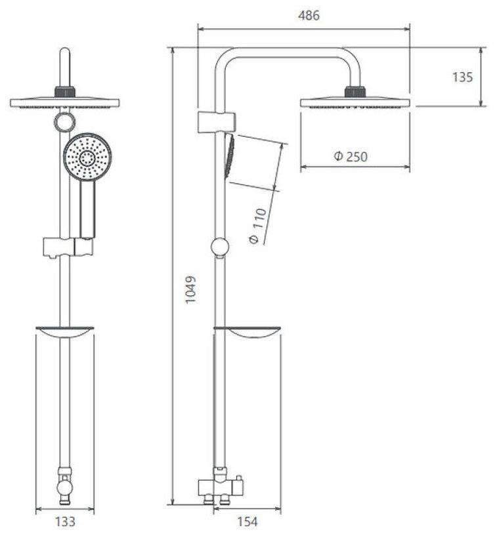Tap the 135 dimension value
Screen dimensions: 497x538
point(462,77)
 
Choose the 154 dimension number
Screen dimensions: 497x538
point(247,522)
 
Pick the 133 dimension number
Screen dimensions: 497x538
point(64,522)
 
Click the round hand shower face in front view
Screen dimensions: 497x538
point(87,157)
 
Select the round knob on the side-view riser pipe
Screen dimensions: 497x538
point(220,247)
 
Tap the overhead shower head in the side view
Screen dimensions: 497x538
point(355,102)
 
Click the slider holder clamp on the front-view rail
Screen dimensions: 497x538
point(67,247)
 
